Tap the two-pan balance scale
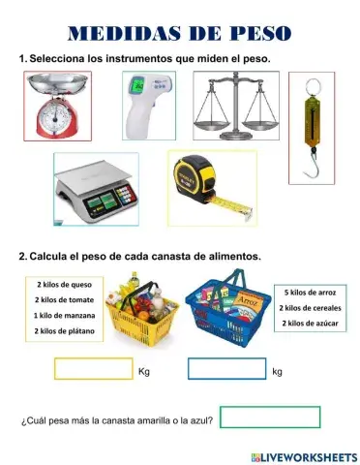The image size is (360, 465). click(x=231, y=109)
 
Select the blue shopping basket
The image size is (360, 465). click(x=229, y=309)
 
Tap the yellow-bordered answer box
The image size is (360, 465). click(x=94, y=369)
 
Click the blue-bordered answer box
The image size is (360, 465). click(x=226, y=369)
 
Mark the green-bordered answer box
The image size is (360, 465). click(x=270, y=418)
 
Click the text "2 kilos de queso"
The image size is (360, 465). click(x=64, y=285)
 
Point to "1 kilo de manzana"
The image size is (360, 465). click(x=64, y=315)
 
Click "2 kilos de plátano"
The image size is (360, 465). click(x=64, y=330)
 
